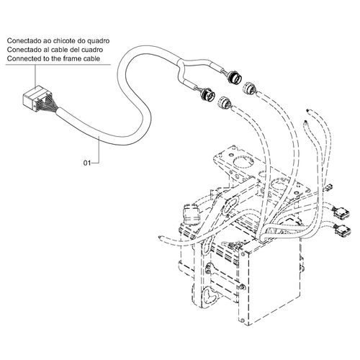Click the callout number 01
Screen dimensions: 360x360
pyautogui.click(x=87, y=163)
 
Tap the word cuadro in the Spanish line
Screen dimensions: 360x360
pyautogui.click(x=92, y=50)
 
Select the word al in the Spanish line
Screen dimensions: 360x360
pyautogui.click(x=48, y=50)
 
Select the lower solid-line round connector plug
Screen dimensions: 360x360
pyautogui.click(x=207, y=94)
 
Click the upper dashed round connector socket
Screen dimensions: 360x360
pyautogui.click(x=250, y=88)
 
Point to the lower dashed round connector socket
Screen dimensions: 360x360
pyautogui.click(x=225, y=102)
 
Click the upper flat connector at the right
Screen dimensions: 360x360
pyautogui.click(x=341, y=212)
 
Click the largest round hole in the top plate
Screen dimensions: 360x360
pyautogui.click(x=243, y=164)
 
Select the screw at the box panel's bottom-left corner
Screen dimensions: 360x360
pyautogui.click(x=243, y=320)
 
